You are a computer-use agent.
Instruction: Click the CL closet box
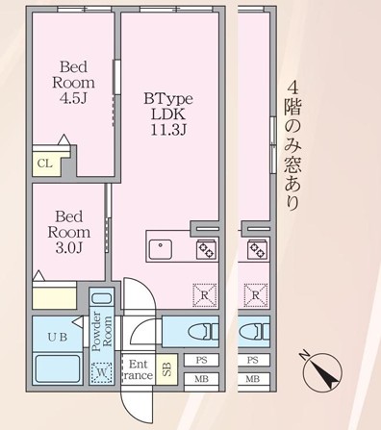click(x=44, y=163)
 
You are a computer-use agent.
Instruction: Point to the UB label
click(x=57, y=336)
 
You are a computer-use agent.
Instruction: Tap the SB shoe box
click(x=166, y=369)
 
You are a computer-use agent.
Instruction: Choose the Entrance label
click(x=137, y=370)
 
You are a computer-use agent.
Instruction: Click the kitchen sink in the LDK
click(x=160, y=249)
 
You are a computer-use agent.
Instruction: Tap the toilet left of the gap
click(x=200, y=332)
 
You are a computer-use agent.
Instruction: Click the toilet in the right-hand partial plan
click(x=251, y=332)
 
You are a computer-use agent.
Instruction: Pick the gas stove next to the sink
click(x=205, y=249)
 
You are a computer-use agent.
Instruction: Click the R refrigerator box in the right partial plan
click(x=255, y=292)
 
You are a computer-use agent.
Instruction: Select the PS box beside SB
click(x=201, y=360)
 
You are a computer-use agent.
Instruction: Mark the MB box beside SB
click(x=201, y=379)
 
